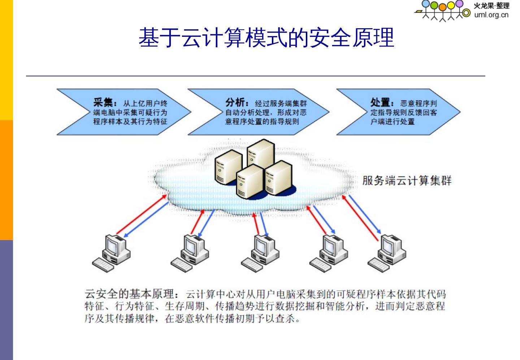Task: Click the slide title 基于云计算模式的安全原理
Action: pyautogui.click(x=266, y=38)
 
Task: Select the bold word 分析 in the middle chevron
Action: pyautogui.click(x=235, y=102)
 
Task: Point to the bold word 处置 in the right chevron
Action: pyautogui.click(x=381, y=102)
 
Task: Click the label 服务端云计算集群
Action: pyautogui.click(x=407, y=180)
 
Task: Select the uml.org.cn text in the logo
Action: pyautogui.click(x=491, y=15)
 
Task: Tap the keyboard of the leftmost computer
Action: pyautogui.click(x=103, y=265)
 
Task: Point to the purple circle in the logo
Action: pyautogui.click(x=459, y=4)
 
